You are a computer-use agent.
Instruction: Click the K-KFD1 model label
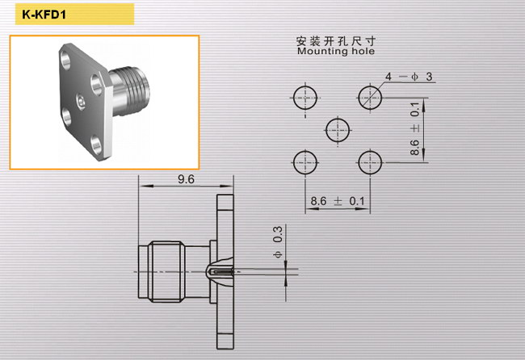(44, 15)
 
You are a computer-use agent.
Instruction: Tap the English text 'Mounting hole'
(336, 51)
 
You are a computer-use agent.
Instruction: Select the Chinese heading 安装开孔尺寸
(336, 41)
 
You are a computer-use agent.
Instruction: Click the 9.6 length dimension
(186, 179)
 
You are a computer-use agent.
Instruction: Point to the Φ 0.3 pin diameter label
(278, 241)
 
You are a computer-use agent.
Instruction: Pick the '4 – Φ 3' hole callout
(409, 77)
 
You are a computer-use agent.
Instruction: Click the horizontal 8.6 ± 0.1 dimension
(338, 201)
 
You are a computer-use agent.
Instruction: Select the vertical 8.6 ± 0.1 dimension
(414, 128)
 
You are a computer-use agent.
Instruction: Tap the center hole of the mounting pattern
(338, 130)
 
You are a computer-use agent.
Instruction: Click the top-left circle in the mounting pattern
(305, 98)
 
